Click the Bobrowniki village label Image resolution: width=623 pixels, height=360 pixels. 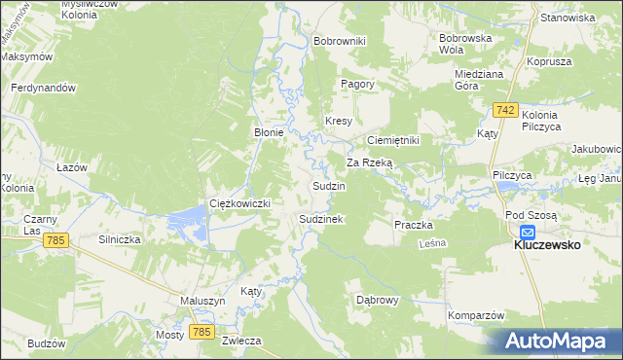pyautogui.click(x=339, y=41)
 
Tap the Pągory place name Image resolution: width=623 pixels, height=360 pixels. pyautogui.click(x=357, y=84)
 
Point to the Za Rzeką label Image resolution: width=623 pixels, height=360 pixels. pyautogui.click(x=369, y=162)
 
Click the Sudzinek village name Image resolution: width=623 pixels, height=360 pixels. pyautogui.click(x=321, y=220)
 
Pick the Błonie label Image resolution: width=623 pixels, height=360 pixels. pyautogui.click(x=269, y=133)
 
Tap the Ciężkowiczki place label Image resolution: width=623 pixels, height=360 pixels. pyautogui.click(x=239, y=202)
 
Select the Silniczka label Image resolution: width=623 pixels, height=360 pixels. pyautogui.click(x=121, y=238)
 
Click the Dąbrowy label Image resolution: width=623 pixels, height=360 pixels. pyautogui.click(x=378, y=300)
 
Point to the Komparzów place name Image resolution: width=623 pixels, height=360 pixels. pyautogui.click(x=475, y=316)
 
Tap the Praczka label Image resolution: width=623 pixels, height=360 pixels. pyautogui.click(x=413, y=225)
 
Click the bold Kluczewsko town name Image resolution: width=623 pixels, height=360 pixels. pyautogui.click(x=547, y=245)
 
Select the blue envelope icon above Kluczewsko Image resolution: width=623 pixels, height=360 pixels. pyautogui.click(x=528, y=233)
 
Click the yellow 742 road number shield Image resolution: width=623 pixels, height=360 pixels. pyautogui.click(x=504, y=111)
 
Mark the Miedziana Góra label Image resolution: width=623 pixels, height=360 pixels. pyautogui.click(x=478, y=79)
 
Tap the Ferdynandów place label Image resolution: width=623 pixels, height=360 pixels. pyautogui.click(x=43, y=88)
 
